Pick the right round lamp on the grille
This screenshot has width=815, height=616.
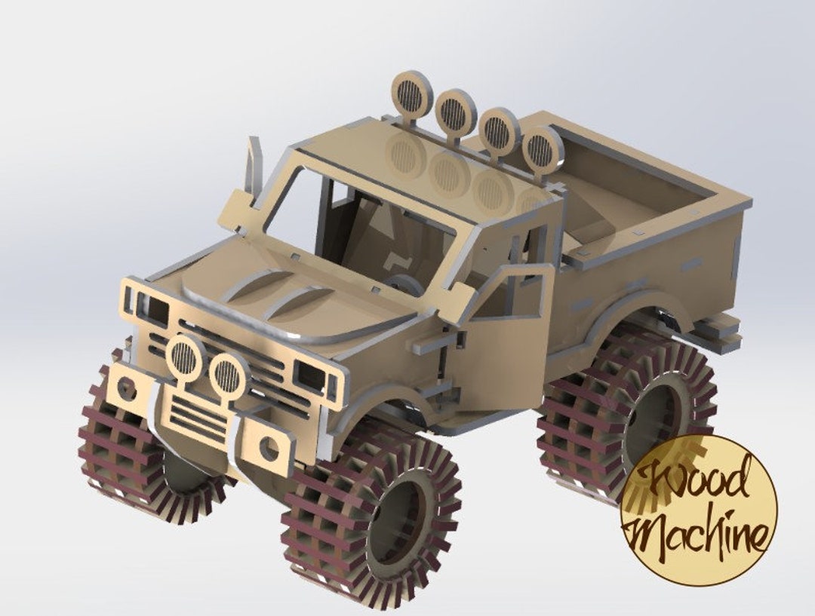pyautogui.click(x=227, y=374)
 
